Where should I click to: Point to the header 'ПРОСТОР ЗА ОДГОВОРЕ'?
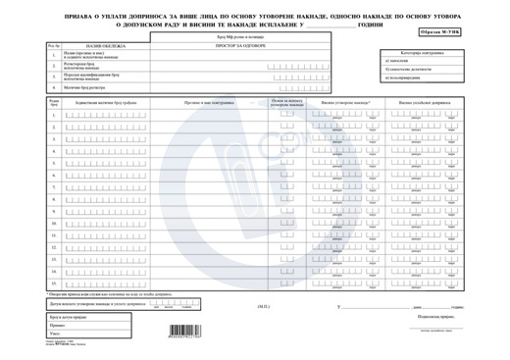click(x=250, y=45)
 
